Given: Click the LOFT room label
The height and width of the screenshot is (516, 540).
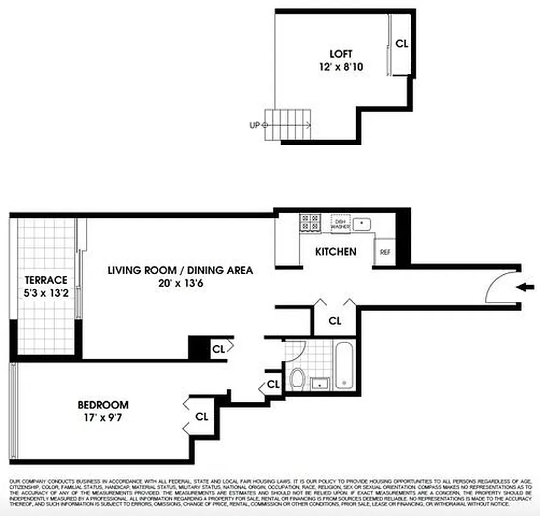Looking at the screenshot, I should [x=341, y=54].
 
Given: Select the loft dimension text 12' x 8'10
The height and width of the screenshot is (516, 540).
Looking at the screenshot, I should [x=341, y=66].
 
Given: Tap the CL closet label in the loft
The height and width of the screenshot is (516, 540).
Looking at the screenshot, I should [x=402, y=44].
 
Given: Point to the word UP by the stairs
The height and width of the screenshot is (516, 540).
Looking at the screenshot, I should [x=254, y=125].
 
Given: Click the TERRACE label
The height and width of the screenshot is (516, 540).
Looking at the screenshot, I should [x=46, y=280].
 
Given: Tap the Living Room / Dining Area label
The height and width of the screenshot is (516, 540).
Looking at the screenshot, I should [x=180, y=270].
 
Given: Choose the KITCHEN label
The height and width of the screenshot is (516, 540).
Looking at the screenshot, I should [x=335, y=252].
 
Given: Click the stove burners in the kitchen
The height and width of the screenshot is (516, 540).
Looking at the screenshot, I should [x=310, y=223].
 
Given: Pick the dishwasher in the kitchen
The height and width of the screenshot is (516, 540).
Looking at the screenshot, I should [x=340, y=223].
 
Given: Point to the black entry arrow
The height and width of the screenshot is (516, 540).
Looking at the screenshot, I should [x=526, y=287].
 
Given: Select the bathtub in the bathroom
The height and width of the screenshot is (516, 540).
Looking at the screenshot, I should [x=343, y=366].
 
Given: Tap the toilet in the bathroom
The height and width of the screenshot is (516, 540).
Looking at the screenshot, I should [x=297, y=378].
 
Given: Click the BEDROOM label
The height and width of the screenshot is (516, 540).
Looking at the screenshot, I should [x=103, y=405].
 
